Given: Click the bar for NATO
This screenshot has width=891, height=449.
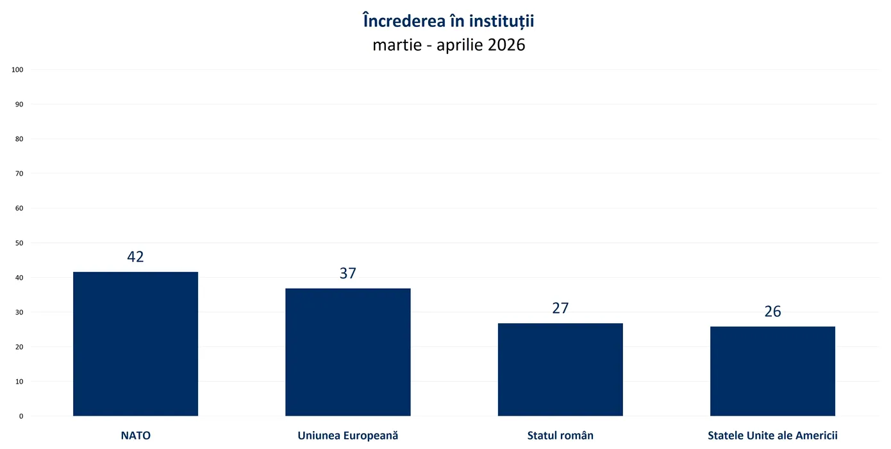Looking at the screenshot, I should (135, 344).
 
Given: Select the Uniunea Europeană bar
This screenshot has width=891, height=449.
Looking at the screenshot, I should (347, 352).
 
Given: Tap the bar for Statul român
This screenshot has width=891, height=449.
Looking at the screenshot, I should (560, 369).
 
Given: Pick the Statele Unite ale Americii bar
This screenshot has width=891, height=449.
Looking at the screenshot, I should (772, 371).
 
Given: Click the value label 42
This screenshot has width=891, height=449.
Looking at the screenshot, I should (135, 257).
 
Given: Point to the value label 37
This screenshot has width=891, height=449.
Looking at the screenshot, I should (347, 273).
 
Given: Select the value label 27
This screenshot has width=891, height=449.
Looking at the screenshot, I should (560, 308).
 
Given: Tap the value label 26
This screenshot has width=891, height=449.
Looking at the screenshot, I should (772, 312).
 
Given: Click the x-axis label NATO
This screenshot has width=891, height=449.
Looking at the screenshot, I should (135, 436).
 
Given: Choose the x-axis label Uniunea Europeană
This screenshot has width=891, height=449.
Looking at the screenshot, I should (347, 436).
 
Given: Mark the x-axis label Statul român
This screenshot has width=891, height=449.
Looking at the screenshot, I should (560, 436).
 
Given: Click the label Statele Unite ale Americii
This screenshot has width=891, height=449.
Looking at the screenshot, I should (772, 436).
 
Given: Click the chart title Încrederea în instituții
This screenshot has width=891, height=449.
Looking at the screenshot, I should (448, 21).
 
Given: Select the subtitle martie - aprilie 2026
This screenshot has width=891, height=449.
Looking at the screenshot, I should (448, 46).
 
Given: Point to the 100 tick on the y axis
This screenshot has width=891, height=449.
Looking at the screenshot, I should (17, 70).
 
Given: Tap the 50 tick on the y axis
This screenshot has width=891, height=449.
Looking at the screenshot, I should (19, 243).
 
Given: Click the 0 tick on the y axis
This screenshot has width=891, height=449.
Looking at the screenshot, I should (21, 416).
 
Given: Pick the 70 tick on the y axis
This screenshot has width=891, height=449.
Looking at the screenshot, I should (19, 174).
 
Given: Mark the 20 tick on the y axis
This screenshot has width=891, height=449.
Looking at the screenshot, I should (19, 347).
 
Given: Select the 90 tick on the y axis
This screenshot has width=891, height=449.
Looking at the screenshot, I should (19, 105).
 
